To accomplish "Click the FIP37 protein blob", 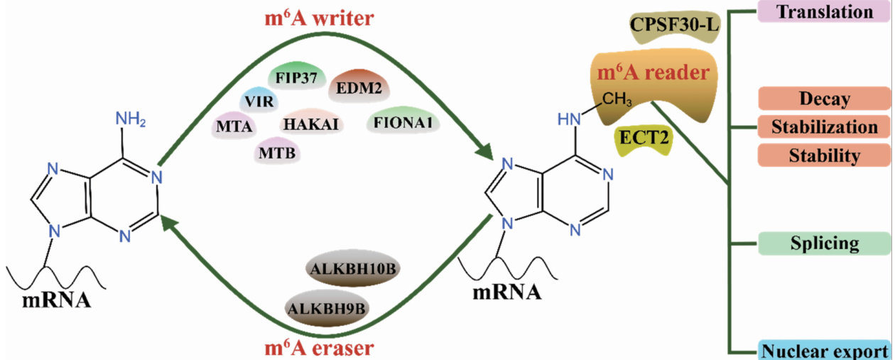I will click(x=297, y=77).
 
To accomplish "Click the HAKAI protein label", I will click(x=313, y=124).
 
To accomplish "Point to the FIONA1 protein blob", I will click(x=402, y=124).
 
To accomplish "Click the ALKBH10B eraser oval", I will click(x=350, y=271).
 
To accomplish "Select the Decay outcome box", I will click(x=824, y=99).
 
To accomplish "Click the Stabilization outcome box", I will click(x=824, y=127).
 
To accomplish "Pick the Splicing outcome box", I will click(x=824, y=244).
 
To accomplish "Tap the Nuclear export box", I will click(x=824, y=350).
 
